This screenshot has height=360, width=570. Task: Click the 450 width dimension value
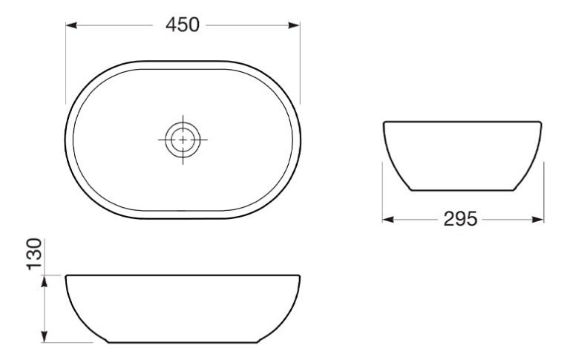coord(183,24)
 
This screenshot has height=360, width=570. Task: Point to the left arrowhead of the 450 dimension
coord(71,25)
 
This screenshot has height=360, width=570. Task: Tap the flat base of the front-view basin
coord(183,342)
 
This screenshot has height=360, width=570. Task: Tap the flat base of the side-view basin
coord(462,190)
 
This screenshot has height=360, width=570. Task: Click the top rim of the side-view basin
coord(462,122)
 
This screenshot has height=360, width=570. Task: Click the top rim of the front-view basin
coord(183,276)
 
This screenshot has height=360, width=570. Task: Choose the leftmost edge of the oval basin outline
coord(67,140)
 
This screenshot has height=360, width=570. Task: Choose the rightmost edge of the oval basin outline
coord(301,140)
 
